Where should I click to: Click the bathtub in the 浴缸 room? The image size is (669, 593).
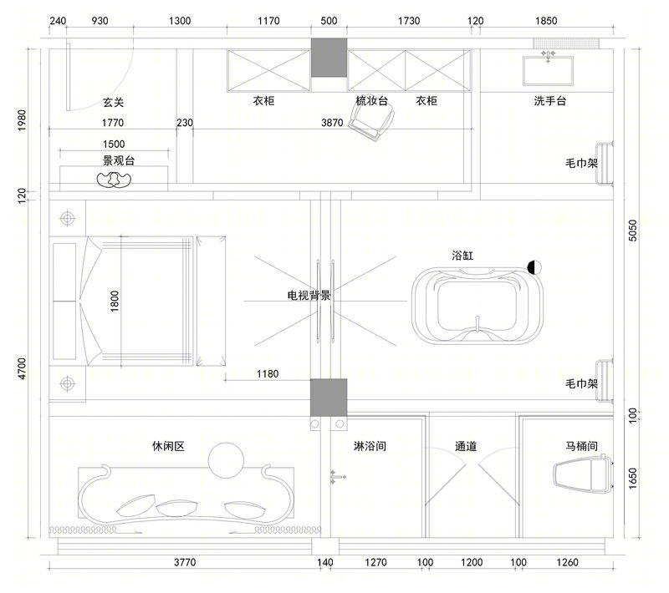pyautogui.click(x=477, y=305)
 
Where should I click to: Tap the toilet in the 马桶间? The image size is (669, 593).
pyautogui.click(x=583, y=474)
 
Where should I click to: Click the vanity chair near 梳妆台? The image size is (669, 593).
pyautogui.click(x=371, y=122)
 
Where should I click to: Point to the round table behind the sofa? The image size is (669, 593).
pyautogui.click(x=226, y=460)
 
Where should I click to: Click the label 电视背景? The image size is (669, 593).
pyautogui.click(x=309, y=295)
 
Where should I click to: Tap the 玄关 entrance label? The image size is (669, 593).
pyautogui.click(x=113, y=102)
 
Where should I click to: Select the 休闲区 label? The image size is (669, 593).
pyautogui.click(x=168, y=446)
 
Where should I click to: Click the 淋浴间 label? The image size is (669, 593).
pyautogui.click(x=370, y=446)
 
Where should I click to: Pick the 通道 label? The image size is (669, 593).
pyautogui.click(x=466, y=446)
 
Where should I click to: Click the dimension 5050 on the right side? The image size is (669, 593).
pyautogui.click(x=633, y=230)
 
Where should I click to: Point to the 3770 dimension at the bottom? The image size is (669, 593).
pyautogui.click(x=185, y=562)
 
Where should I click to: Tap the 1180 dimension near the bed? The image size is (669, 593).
pyautogui.click(x=268, y=373)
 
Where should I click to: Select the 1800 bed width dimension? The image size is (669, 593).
pyautogui.click(x=115, y=301)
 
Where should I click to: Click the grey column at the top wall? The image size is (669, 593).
pyautogui.click(x=329, y=58)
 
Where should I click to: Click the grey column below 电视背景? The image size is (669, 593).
pyautogui.click(x=329, y=398)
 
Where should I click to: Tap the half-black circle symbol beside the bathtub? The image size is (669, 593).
pyautogui.click(x=534, y=267)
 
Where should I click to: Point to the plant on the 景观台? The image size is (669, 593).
pyautogui.click(x=115, y=180)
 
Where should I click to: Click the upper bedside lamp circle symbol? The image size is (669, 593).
pyautogui.click(x=67, y=218)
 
